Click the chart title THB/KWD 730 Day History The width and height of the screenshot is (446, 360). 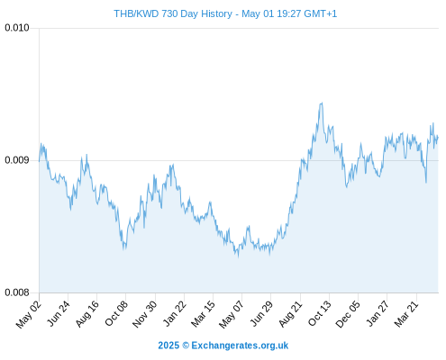coord(173,13)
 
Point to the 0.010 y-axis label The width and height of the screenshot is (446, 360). coord(17,28)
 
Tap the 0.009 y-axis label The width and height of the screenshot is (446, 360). coord(17,160)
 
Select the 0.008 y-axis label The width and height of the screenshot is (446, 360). coord(17,292)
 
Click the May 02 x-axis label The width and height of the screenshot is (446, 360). coord(28,314)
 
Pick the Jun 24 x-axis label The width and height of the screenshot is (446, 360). coord(58,313)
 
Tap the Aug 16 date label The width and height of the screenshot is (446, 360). coord(86,313)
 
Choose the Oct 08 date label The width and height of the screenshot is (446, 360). coord(116,313)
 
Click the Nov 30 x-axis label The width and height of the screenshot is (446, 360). coord(144,314)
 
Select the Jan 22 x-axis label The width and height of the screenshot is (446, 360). coord(174,313)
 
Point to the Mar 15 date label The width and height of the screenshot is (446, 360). coord(203,313)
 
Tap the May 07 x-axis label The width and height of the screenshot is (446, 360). coord(231,314)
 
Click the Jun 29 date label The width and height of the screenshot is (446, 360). coord(261,313)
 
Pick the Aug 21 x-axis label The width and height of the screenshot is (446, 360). coord(290,313)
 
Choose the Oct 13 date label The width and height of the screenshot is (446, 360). coord(319,313)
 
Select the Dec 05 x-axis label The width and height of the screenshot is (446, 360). coord(348,314)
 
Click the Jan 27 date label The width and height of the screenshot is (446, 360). coord(378,313)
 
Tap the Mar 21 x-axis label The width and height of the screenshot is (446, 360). coord(406,313)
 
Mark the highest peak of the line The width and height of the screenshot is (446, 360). coord(322,103)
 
